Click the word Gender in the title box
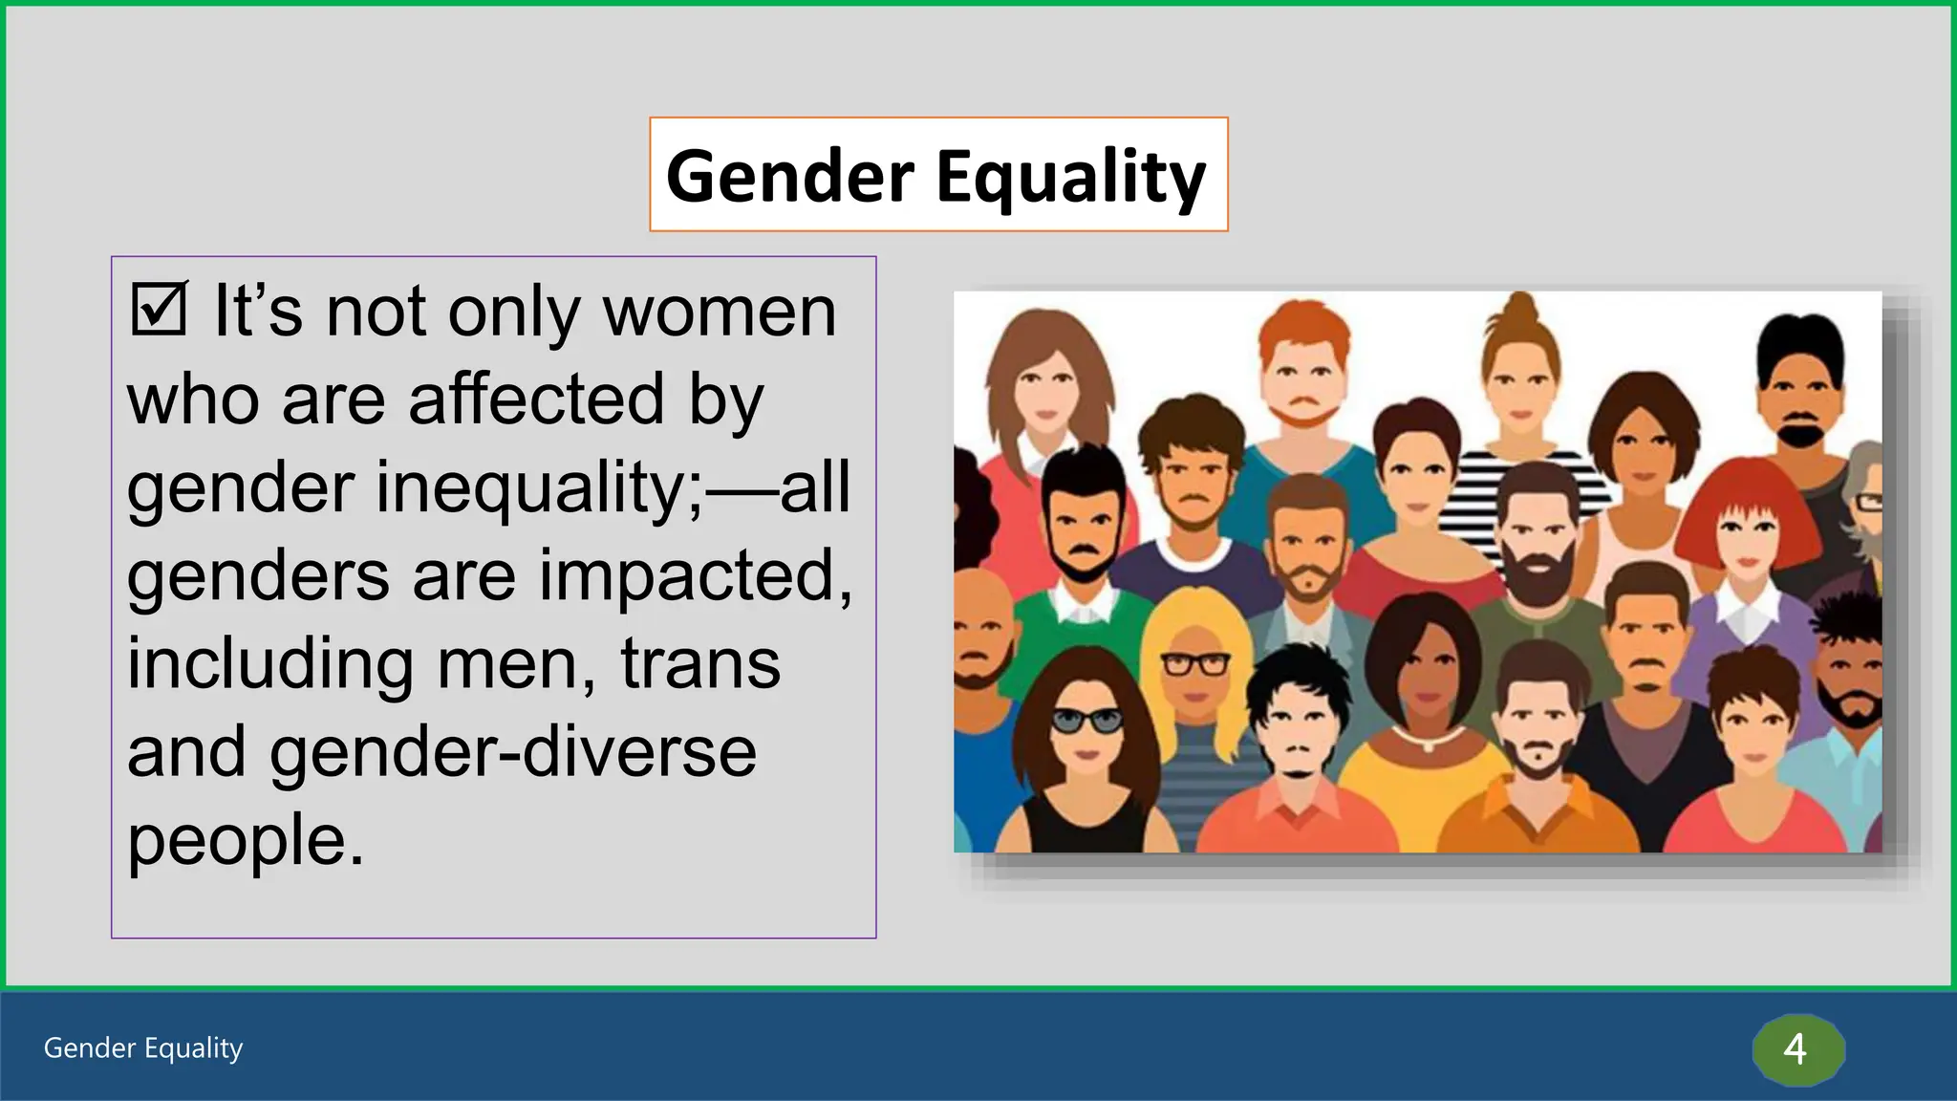tap(789, 176)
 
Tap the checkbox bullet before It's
tap(159, 309)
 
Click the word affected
tap(535, 399)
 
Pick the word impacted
tap(695, 575)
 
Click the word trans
tap(700, 663)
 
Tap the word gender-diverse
tap(513, 751)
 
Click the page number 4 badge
tap(1796, 1049)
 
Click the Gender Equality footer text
tap(143, 1048)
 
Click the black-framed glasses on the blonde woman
tap(1195, 663)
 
